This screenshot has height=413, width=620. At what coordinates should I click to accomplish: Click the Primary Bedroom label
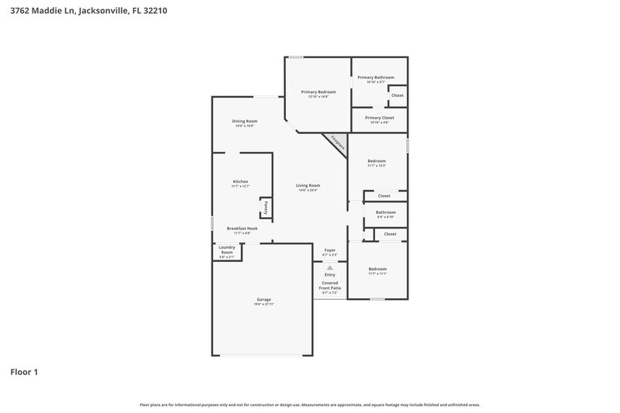point(318,92)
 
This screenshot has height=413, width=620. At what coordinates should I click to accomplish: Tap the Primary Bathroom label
point(376,77)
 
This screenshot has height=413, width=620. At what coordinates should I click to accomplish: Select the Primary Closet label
point(379,118)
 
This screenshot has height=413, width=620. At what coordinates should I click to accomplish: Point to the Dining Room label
point(245,122)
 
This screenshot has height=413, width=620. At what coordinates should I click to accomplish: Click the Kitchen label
point(240,181)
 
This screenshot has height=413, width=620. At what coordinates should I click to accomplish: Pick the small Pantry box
point(266,208)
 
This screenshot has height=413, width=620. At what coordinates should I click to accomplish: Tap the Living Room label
point(308,186)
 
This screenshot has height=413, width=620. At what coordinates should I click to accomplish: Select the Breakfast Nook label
point(242,229)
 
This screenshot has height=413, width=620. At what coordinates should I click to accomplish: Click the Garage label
point(263,300)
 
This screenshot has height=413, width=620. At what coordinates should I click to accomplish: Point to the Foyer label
point(329,250)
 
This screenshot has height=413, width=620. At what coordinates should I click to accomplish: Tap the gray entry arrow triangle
point(329,267)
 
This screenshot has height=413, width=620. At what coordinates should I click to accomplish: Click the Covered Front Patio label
point(329,285)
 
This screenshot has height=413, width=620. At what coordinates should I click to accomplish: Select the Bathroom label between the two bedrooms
point(385,212)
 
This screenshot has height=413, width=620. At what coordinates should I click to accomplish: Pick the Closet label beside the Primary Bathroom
point(397,95)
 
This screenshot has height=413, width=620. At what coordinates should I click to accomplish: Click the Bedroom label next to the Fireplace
point(377,161)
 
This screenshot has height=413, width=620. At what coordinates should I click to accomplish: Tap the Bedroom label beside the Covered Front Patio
point(377,269)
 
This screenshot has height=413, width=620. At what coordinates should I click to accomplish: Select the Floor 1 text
point(24,372)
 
